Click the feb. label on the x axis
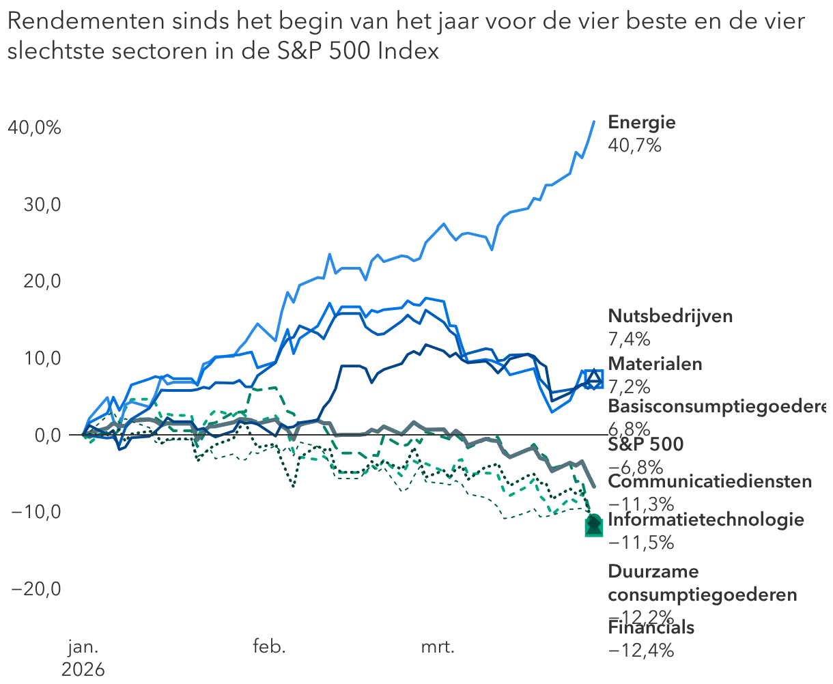(269, 647)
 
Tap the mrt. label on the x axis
(438, 647)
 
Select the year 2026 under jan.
(83, 669)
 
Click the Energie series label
(641, 123)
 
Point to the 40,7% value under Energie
(634, 145)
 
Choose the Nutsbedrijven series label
(670, 316)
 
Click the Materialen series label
(655, 364)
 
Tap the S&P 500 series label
(645, 445)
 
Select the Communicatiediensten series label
(709, 482)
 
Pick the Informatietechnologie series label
(705, 520)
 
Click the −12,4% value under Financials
(640, 651)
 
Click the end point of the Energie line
(594, 122)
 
